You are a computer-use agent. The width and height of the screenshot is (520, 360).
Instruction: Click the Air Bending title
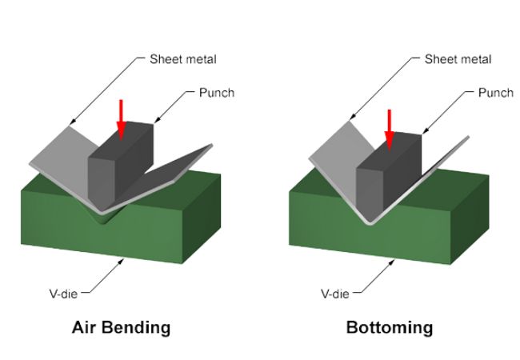121,327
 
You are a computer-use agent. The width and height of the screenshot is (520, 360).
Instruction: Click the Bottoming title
389,327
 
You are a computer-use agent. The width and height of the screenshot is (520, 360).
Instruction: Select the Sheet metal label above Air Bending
182,59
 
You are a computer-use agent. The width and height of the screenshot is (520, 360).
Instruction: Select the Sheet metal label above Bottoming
458,59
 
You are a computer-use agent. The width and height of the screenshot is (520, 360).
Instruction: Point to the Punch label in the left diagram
216,93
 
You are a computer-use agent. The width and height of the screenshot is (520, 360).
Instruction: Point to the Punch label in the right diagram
495,93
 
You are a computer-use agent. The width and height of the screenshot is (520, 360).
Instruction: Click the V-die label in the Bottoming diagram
335,294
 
